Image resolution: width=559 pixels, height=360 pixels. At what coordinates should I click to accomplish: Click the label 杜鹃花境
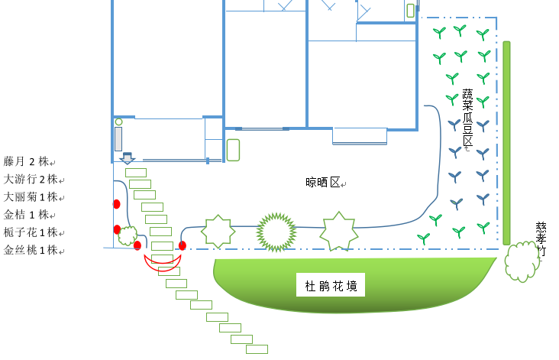pyautogui.click(x=331, y=287)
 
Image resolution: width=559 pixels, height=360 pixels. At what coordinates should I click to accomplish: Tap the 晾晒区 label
pyautogui.click(x=325, y=182)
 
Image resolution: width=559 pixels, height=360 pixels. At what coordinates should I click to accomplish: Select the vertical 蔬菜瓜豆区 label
pyautogui.click(x=467, y=118)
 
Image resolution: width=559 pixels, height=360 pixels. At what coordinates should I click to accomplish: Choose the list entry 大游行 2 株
pyautogui.click(x=31, y=179)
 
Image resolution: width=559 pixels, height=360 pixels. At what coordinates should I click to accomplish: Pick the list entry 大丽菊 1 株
pyautogui.click(x=31, y=196)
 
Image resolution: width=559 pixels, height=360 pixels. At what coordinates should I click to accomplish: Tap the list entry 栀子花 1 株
pyautogui.click(x=31, y=232)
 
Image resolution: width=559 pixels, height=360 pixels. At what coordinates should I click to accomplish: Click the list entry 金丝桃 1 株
pyautogui.click(x=31, y=250)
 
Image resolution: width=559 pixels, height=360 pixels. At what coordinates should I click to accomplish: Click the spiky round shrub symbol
pyautogui.click(x=276, y=231)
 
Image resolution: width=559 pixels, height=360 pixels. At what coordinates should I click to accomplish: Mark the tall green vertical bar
pyautogui.click(x=506, y=143)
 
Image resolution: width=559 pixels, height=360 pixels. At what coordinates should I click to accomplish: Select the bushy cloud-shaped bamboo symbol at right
pyautogui.click(x=522, y=261)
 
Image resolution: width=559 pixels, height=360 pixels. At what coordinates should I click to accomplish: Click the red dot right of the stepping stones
pyautogui.click(x=183, y=245)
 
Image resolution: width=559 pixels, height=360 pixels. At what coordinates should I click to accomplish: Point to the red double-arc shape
pyautogui.click(x=163, y=262)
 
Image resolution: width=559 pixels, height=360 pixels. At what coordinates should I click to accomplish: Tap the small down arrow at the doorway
pyautogui.click(x=128, y=158)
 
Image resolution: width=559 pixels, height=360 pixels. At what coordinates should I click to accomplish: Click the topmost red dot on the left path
pyautogui.click(x=117, y=204)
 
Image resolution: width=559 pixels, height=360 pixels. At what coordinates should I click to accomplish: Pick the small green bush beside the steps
pyautogui.click(x=128, y=235)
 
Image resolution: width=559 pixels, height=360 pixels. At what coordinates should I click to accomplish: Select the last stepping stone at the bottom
pyautogui.click(x=257, y=349)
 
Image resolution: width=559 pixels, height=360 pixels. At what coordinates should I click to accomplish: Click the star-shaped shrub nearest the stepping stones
pyautogui.click(x=218, y=232)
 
